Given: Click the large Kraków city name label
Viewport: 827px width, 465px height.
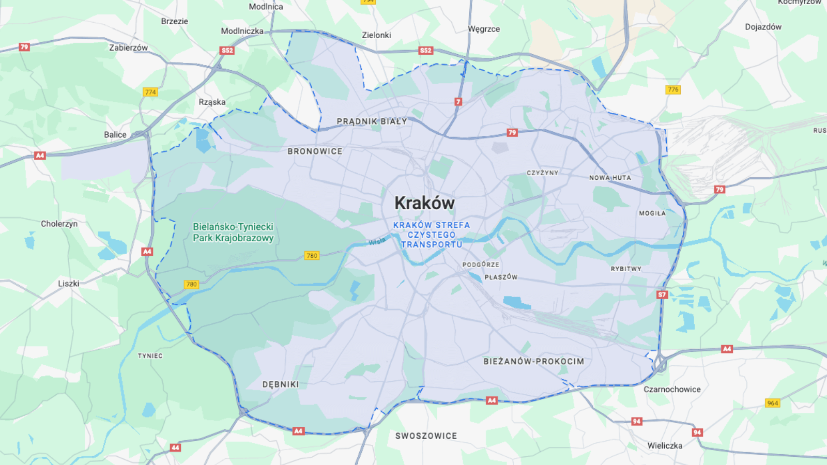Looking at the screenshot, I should click(x=424, y=203).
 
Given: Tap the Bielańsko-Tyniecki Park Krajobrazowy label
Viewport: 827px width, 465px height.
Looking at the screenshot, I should click(x=233, y=233).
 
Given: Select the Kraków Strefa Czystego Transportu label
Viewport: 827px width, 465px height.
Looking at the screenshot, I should click(x=432, y=235).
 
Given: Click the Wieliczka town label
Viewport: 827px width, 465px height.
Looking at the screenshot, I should click(x=665, y=445).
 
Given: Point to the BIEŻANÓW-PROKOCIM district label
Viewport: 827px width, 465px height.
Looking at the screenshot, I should click(x=533, y=361).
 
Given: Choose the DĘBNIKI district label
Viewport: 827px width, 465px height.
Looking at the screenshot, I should click(x=281, y=384).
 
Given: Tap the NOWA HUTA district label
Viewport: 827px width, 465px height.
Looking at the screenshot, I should click(x=610, y=178).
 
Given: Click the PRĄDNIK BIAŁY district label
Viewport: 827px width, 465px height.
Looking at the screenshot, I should click(x=372, y=121).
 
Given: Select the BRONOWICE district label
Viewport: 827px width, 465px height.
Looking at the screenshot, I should click(x=315, y=151).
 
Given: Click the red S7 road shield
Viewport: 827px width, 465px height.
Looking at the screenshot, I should click(x=662, y=295).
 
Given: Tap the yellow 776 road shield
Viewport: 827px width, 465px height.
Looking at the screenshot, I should click(x=673, y=89).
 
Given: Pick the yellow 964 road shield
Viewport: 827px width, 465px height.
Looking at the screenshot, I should click(x=772, y=403).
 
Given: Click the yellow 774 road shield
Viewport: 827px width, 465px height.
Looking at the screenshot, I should click(x=150, y=92).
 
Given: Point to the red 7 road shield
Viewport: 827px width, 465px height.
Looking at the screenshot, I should click(x=458, y=102).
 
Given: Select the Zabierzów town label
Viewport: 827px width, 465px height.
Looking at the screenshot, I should click(x=128, y=48).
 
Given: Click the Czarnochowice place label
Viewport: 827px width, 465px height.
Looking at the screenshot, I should click(x=672, y=390).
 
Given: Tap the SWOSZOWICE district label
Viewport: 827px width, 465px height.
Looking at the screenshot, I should click(x=426, y=436).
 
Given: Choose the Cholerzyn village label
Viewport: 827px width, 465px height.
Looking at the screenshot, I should click(x=59, y=224).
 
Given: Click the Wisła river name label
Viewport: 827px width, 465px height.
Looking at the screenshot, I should click(x=377, y=241).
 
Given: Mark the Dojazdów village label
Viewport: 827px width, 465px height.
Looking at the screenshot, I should click(x=763, y=27).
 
